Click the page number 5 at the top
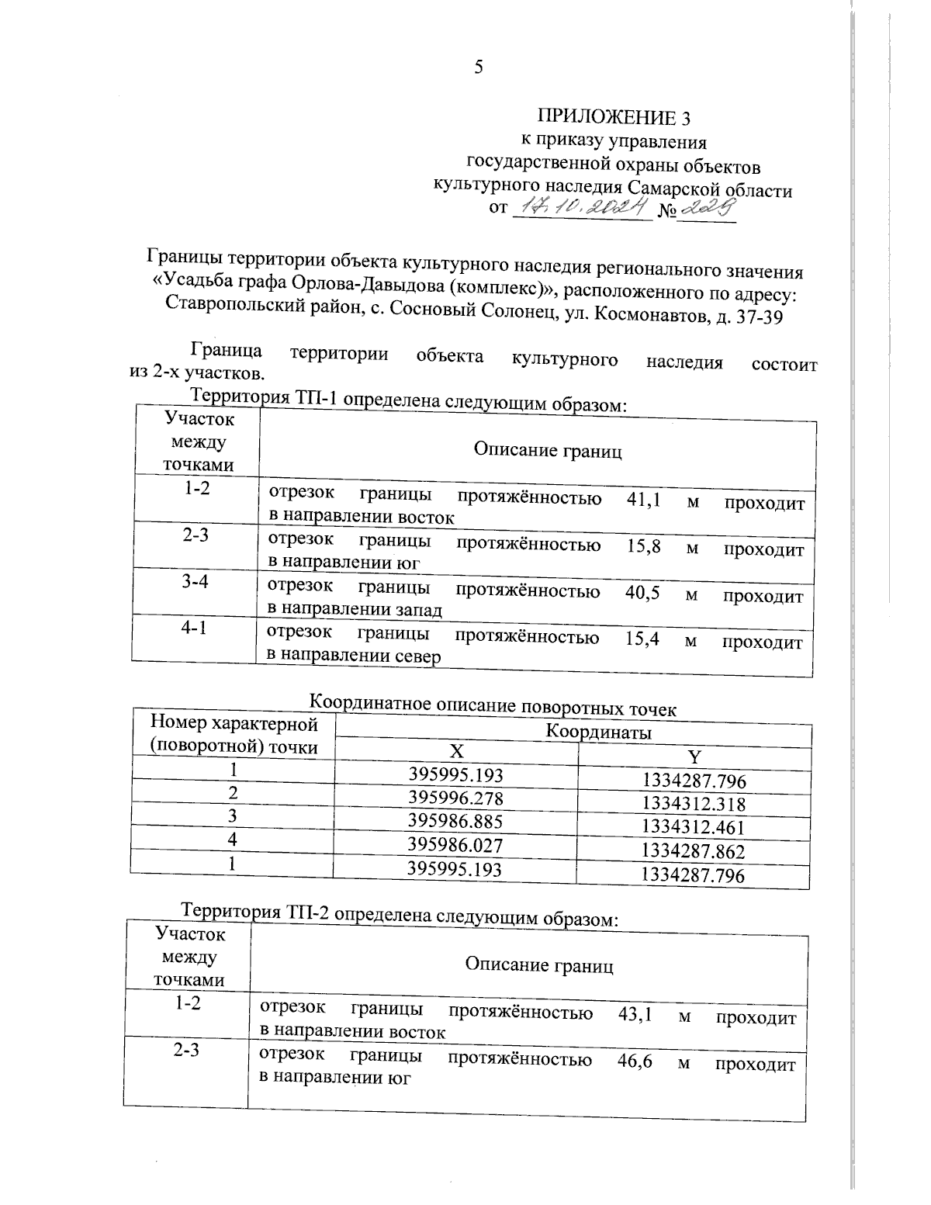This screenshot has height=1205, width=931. [479, 68]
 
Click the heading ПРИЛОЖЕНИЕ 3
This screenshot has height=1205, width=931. [614, 117]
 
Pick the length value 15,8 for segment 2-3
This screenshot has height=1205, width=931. [643, 546]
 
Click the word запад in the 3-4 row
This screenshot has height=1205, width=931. [416, 610]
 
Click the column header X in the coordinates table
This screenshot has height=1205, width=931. [458, 752]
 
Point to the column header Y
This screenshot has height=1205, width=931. [694, 757]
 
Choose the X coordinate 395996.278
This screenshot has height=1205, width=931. [456, 798]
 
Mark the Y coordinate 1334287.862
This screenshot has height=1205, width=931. [694, 851]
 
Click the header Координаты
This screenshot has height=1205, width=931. [598, 732]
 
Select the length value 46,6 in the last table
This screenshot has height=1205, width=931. [634, 1062]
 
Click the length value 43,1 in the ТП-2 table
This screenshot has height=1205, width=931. [635, 1015]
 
